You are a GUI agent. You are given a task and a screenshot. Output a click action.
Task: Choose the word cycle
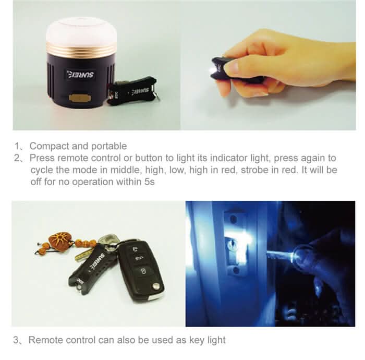coord(41,170)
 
